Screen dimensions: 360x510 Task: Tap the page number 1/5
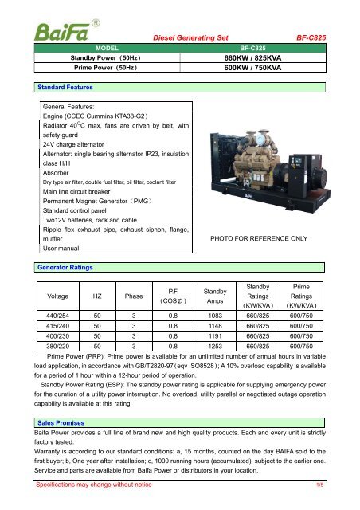(320, 483)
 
